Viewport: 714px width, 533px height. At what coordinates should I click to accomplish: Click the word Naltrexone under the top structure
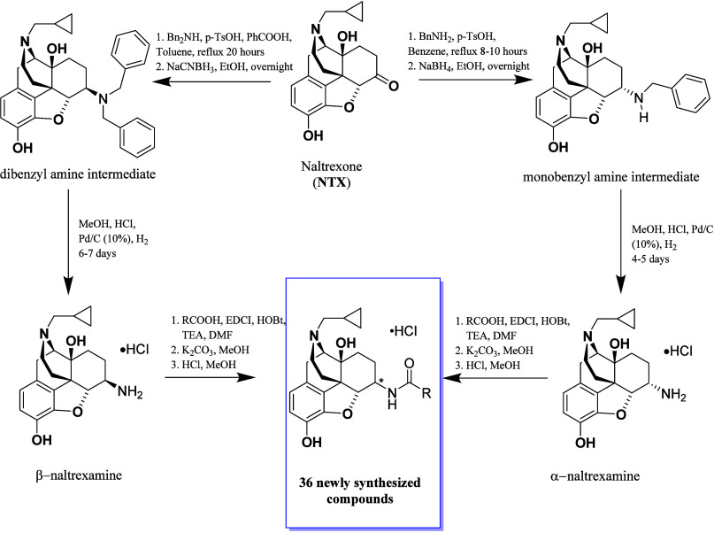click(332, 166)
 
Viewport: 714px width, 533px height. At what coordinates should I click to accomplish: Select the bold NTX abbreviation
click(332, 182)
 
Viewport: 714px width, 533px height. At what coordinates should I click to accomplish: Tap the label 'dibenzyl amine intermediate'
click(78, 174)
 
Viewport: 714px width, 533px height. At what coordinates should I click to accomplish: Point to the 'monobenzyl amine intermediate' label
click(611, 177)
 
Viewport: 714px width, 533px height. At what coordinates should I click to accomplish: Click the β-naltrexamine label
click(79, 475)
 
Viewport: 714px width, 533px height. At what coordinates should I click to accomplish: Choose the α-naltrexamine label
click(595, 476)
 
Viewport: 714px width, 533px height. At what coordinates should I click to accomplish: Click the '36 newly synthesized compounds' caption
click(360, 491)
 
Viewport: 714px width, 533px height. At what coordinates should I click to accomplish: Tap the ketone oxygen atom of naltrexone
click(394, 85)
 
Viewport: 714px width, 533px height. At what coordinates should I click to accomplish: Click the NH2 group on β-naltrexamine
click(130, 391)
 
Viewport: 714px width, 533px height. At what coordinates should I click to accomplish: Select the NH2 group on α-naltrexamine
click(673, 394)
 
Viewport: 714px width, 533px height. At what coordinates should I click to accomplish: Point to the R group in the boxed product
click(426, 393)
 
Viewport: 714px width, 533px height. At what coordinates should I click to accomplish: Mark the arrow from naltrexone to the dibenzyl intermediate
click(211, 82)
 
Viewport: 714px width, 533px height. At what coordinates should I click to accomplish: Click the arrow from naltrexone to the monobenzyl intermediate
click(476, 80)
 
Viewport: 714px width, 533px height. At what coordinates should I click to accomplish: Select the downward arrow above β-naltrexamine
click(68, 243)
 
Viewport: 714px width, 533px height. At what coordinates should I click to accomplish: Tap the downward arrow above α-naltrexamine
click(620, 243)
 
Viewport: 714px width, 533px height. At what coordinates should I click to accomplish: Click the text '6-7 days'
click(97, 253)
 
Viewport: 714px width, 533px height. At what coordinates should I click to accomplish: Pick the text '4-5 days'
click(650, 259)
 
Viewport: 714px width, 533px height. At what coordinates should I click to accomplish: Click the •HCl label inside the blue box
click(403, 331)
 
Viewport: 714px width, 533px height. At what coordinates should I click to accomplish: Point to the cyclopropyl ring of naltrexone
click(356, 15)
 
